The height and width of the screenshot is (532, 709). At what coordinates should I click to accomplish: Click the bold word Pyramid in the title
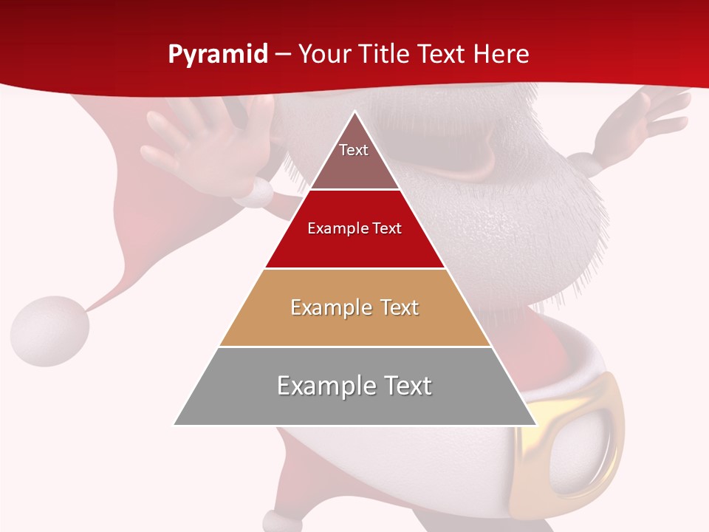[218, 55]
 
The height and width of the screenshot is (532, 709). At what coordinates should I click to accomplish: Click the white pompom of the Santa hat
[49, 330]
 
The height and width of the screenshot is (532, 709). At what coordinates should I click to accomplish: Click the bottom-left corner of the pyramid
[176, 424]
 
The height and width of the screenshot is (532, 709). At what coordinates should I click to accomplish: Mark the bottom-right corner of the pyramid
[535, 424]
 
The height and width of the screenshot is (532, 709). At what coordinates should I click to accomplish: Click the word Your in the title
[322, 55]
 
